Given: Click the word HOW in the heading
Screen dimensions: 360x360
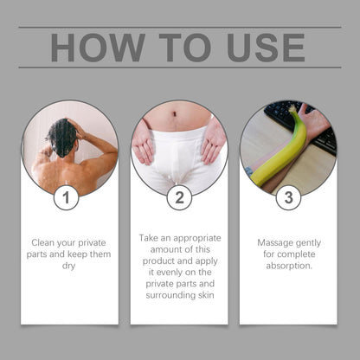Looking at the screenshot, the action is point(98,48).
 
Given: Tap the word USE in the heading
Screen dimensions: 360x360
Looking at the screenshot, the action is point(266,48).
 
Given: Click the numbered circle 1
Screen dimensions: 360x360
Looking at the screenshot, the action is point(67,197).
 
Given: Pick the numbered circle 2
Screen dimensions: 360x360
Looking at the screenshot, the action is point(179,197).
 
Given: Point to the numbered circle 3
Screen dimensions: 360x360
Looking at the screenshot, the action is point(288,197).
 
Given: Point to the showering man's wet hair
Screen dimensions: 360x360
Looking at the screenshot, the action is point(61,138).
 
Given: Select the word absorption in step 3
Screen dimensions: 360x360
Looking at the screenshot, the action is point(289,266).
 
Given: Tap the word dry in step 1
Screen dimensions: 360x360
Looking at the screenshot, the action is point(68,266).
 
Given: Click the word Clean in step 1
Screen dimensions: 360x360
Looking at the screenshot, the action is point(43,242).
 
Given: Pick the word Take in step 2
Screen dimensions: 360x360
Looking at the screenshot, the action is point(149,238).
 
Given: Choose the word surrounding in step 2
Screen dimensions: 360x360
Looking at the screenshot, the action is point(167,295).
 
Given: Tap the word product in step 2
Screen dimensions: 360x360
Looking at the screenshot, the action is point(158,261).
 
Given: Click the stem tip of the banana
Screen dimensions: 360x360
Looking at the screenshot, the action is point(292,108).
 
